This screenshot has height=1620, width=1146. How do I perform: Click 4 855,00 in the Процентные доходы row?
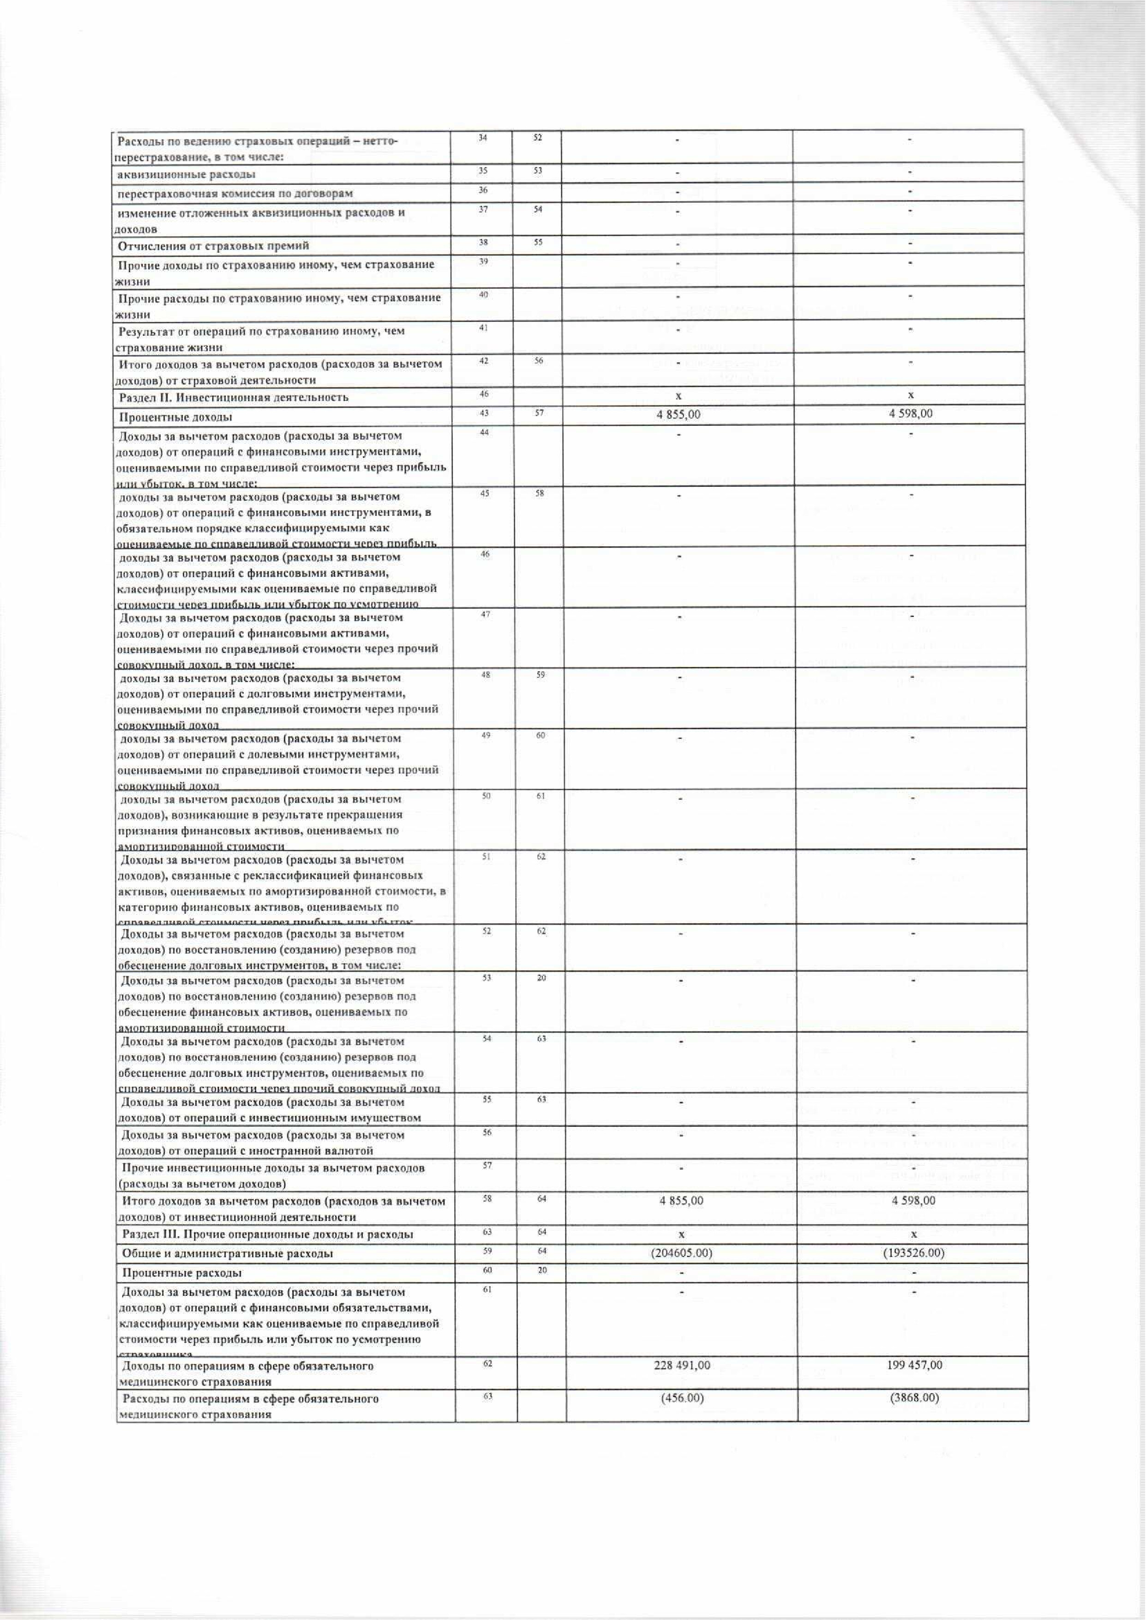point(678,414)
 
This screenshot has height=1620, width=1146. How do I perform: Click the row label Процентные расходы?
point(182,1273)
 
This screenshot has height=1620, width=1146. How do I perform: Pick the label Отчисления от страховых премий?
point(214,246)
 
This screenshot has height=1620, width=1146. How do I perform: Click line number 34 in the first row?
point(483,138)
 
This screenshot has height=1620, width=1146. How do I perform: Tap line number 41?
point(483,327)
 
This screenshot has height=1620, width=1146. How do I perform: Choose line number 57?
point(487,1166)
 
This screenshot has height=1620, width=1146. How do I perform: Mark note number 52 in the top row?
point(538,138)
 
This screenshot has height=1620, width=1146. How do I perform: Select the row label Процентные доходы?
point(176,417)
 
